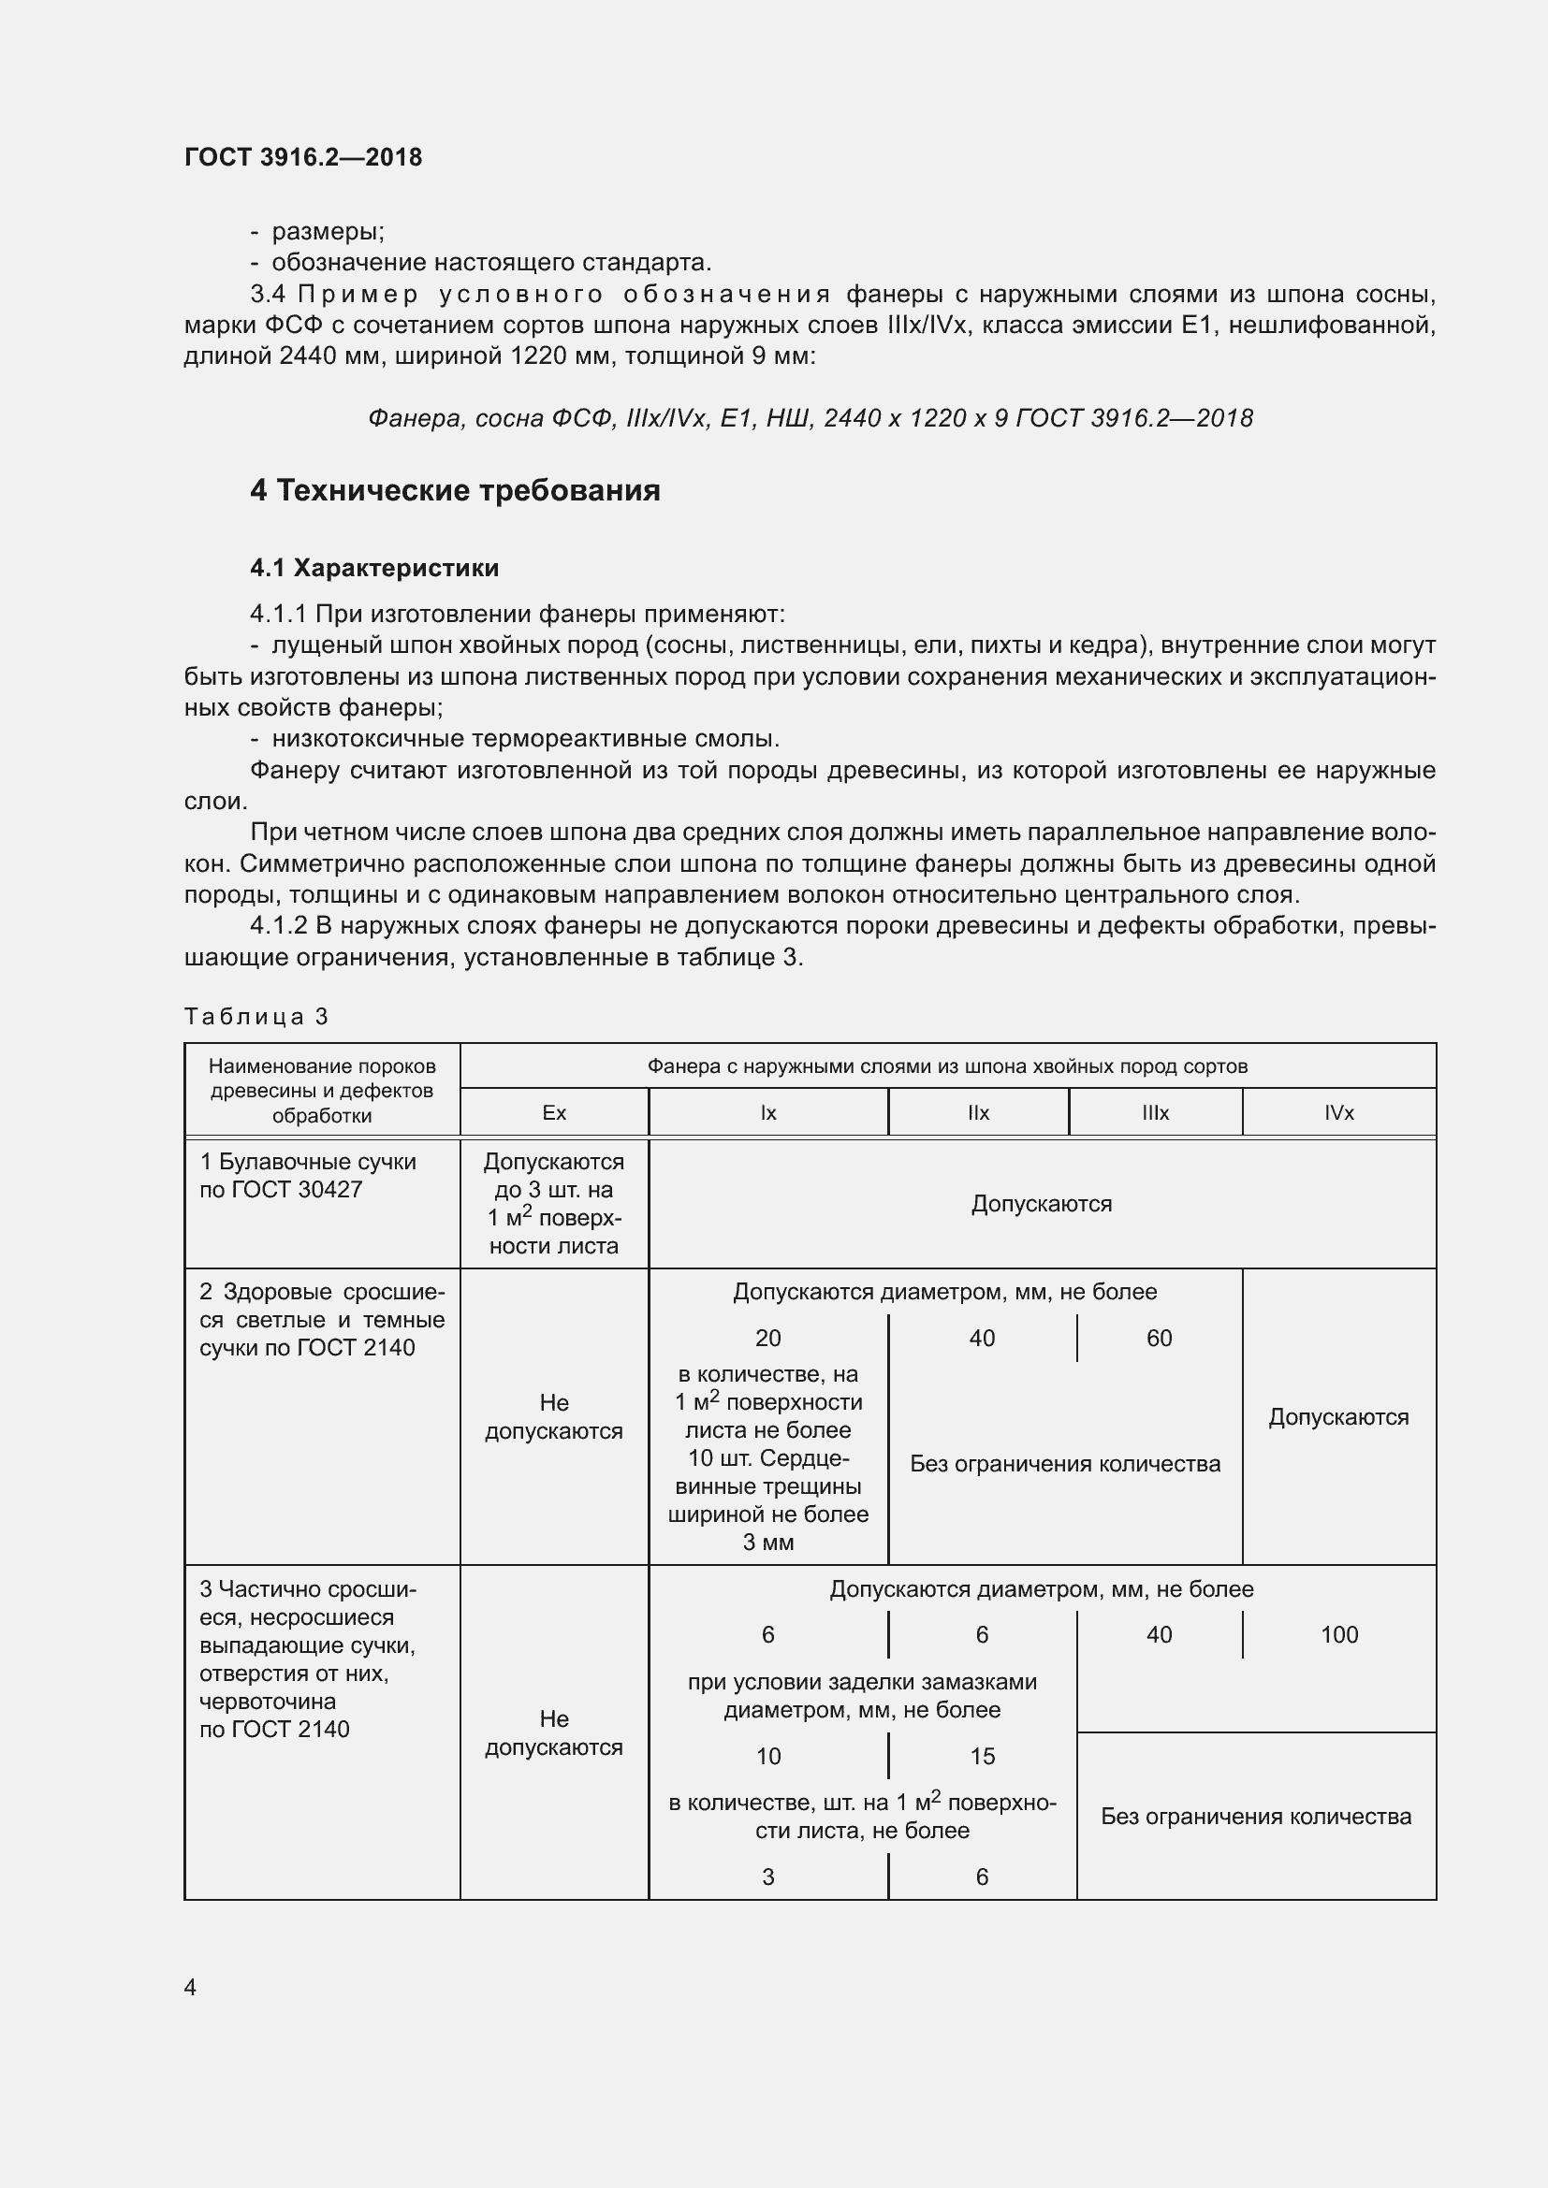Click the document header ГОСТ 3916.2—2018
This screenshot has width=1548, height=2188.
[x=303, y=157]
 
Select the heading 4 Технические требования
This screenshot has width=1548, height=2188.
[x=455, y=491]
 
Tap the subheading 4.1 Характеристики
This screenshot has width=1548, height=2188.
[x=374, y=568]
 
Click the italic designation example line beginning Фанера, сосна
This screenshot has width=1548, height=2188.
[x=811, y=418]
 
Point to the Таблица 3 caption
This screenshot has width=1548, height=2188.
[x=256, y=1017]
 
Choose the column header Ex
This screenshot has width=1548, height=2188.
[x=554, y=1113]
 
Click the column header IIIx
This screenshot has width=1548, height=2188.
[x=1155, y=1113]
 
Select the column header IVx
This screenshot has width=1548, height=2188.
[x=1338, y=1113]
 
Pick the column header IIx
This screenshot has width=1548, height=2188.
[x=978, y=1113]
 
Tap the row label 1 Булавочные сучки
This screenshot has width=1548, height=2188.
[x=307, y=1163]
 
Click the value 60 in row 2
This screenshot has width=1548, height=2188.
[x=1159, y=1339]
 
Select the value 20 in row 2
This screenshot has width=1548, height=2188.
[x=768, y=1339]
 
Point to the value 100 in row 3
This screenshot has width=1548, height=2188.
[x=1338, y=1635]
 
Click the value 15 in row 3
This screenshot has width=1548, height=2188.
[x=982, y=1757]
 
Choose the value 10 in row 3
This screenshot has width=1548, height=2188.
[x=768, y=1757]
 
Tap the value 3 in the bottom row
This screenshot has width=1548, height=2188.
[x=768, y=1877]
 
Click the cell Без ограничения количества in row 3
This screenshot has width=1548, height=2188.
[x=1255, y=1817]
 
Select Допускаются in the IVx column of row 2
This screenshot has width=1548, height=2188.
[x=1338, y=1417]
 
